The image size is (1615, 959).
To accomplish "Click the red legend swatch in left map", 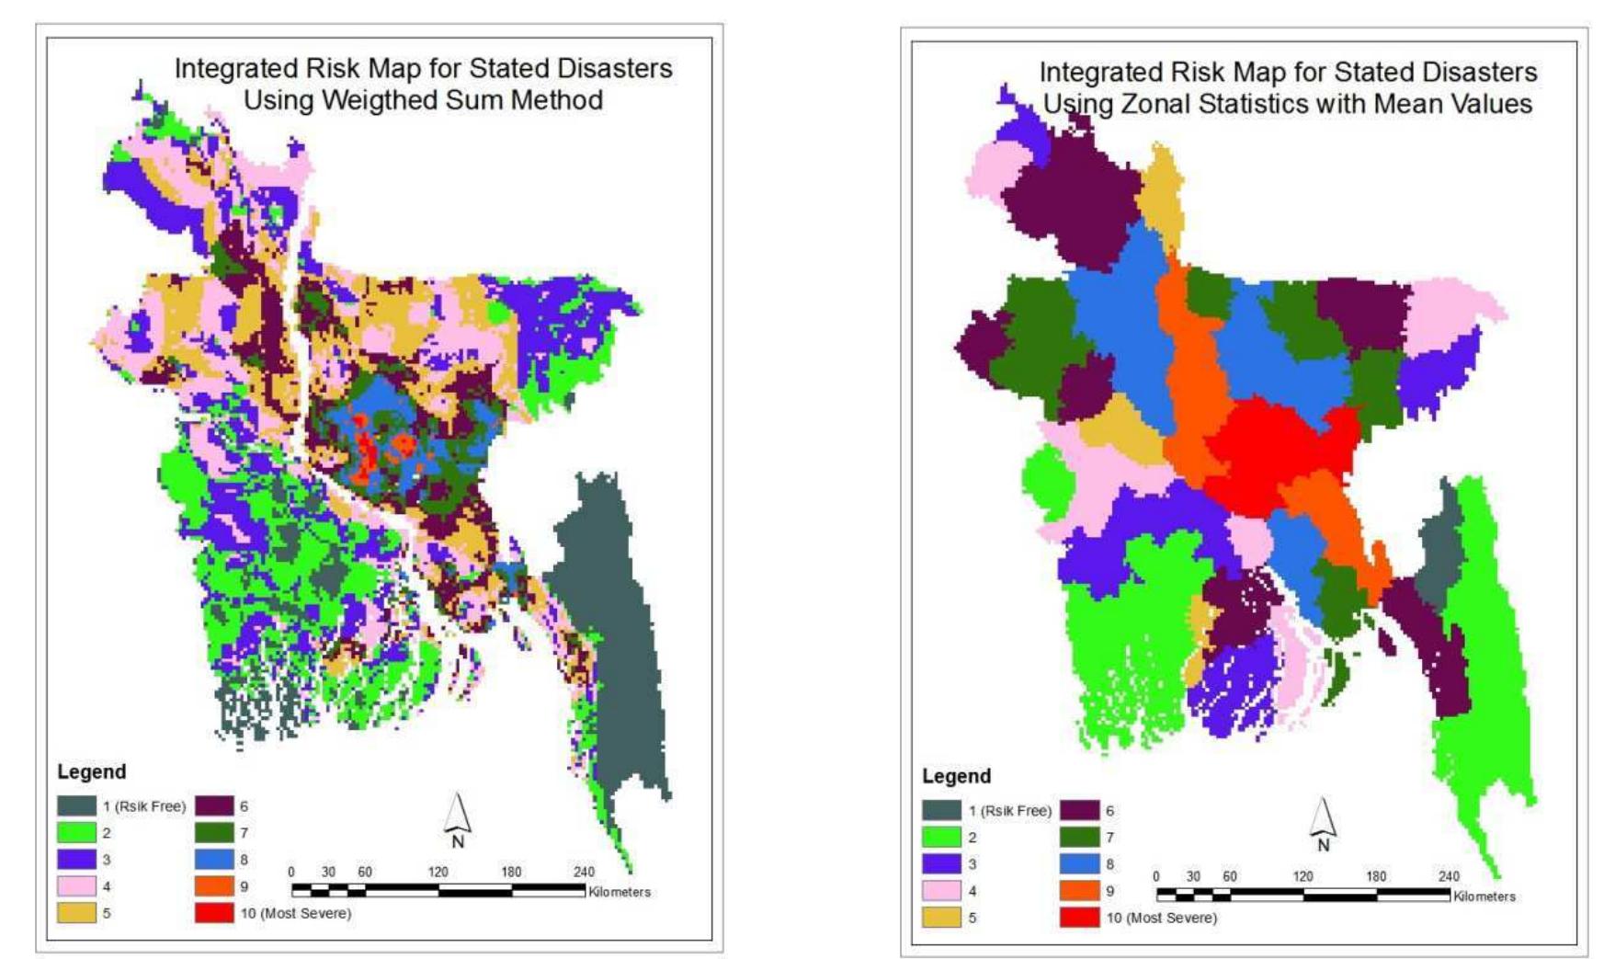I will point(214,913).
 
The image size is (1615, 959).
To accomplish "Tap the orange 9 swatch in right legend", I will point(1079,891).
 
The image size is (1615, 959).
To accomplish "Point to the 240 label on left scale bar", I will point(584,872).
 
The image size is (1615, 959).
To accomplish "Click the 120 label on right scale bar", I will point(1302,876).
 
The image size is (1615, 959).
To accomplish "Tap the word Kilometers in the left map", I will point(620,892).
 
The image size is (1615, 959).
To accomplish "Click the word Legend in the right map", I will point(956,776).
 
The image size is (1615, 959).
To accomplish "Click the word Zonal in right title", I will point(1154,103).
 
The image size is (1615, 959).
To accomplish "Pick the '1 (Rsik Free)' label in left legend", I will point(143,806).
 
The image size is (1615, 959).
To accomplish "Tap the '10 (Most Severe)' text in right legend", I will point(1161,918).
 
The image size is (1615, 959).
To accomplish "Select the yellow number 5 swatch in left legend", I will point(76,913).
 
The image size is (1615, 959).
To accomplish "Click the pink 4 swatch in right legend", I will point(941,891).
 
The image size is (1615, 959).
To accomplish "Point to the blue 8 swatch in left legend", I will point(214,860).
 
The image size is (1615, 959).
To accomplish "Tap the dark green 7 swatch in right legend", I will point(1079,838).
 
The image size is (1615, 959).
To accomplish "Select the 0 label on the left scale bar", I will point(291,872).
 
